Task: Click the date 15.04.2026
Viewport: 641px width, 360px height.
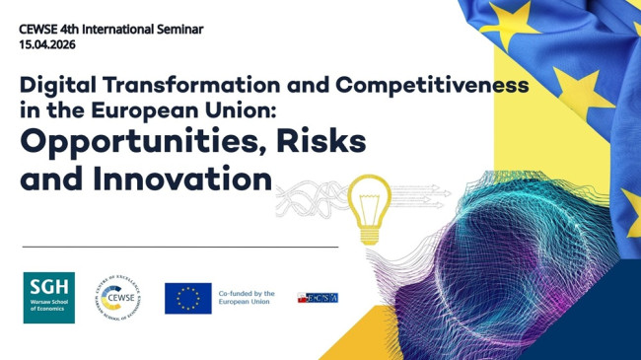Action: (47, 44)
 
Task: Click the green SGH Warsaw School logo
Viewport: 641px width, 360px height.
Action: (49, 297)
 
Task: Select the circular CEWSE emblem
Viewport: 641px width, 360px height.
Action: (116, 297)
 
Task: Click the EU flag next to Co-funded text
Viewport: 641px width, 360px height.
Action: (187, 298)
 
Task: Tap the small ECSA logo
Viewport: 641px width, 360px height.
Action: (318, 297)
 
